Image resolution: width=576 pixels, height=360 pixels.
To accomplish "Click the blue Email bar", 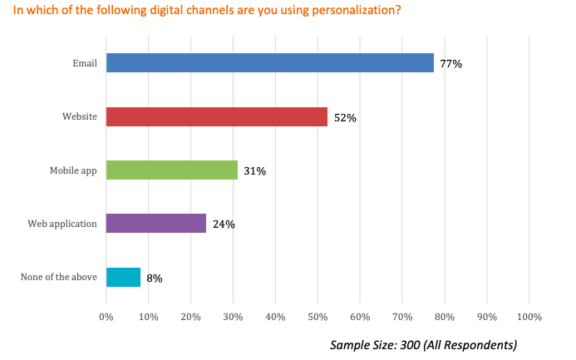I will coord(270,63).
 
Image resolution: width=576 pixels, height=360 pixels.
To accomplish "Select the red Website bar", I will coord(217,117).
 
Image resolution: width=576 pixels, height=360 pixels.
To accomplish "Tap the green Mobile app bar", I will coord(172,170).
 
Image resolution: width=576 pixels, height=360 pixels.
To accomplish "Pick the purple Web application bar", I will coord(156,223).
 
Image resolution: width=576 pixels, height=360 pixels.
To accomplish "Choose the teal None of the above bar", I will coord(124,277).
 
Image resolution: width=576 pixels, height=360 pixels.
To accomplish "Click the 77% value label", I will coord(450,64).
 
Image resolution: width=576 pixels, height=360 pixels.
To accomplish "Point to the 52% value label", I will coord(345,118).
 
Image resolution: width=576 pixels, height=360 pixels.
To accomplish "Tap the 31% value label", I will coord(254,171).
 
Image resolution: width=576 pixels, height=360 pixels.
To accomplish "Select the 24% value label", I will coord(224,224).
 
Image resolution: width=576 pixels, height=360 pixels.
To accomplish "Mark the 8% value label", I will coord(154,278).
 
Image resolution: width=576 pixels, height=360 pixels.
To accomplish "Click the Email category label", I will coord(85,63).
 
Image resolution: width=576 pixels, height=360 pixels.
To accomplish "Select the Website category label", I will coord(80,117).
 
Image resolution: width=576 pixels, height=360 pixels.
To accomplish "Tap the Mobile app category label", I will coord(73,170).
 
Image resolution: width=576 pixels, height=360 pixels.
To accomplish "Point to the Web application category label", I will coord(62,223).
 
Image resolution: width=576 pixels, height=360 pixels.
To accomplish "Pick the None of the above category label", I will coord(58,277).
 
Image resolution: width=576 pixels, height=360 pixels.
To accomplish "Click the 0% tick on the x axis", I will coord(106,317).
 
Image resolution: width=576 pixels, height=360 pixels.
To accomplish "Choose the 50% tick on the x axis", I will coord(318,317).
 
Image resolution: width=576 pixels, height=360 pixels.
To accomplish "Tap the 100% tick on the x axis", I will coord(529,317).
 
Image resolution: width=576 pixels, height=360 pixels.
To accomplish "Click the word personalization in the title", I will coord(313,10).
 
